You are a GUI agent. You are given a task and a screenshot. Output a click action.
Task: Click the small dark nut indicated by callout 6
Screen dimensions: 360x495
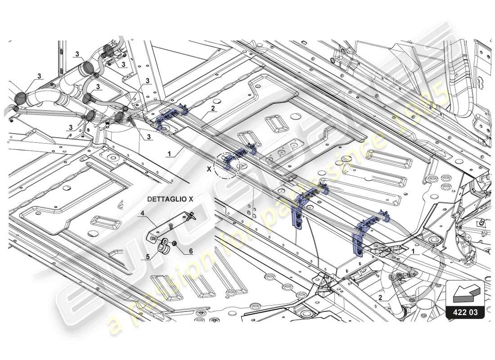coord(175,244)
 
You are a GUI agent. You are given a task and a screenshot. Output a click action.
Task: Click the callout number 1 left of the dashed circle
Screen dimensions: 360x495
coord(170,153)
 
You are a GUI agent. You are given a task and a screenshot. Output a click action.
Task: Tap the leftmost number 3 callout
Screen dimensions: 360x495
coord(40,76)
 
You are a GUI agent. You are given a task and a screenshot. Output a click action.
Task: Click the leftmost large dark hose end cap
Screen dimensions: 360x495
coord(22,98)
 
